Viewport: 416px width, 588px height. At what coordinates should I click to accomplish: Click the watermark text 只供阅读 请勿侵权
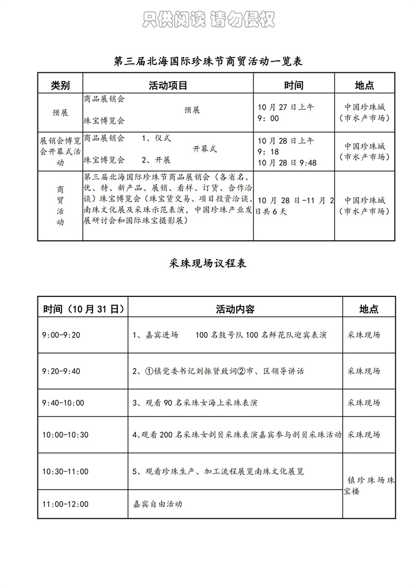(208, 19)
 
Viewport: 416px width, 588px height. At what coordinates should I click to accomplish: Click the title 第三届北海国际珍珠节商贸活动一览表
(208, 62)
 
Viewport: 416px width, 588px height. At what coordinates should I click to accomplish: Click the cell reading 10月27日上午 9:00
(285, 113)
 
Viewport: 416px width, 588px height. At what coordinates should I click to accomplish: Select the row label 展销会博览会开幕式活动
(60, 151)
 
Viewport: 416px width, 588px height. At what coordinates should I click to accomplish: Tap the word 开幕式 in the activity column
(205, 149)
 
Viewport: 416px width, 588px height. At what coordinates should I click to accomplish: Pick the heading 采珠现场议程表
(208, 263)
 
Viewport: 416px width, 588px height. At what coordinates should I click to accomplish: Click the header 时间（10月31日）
(83, 309)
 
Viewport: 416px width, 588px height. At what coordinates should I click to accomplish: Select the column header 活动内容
(235, 309)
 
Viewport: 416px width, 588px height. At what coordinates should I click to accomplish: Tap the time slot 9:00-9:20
(61, 335)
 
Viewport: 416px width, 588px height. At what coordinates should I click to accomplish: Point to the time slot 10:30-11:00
(66, 472)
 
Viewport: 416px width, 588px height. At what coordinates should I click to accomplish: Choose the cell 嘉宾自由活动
(158, 504)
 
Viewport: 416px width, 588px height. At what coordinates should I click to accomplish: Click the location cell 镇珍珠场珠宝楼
(369, 486)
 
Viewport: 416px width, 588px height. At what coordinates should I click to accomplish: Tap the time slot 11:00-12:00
(66, 504)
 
